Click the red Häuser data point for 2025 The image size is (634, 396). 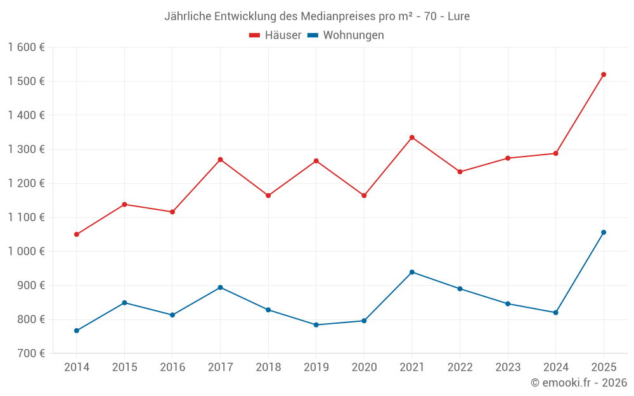[604, 75]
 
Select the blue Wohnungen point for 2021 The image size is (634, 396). [412, 272]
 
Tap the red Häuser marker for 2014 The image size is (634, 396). [77, 234]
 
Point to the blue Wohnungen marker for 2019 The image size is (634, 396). [316, 325]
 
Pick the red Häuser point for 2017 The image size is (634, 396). [220, 160]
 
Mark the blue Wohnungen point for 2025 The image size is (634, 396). [604, 233]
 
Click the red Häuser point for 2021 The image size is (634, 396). [412, 137]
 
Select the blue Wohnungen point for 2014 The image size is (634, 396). [77, 331]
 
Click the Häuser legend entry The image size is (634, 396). [275, 35]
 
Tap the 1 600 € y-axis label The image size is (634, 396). [26, 48]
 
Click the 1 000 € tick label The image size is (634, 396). [26, 252]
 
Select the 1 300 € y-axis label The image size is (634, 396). [26, 150]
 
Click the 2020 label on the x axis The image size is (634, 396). [364, 367]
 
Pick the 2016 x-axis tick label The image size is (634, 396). [172, 367]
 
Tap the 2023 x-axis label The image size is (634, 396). [508, 367]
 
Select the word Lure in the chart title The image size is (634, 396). [458, 16]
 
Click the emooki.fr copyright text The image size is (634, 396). [579, 383]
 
